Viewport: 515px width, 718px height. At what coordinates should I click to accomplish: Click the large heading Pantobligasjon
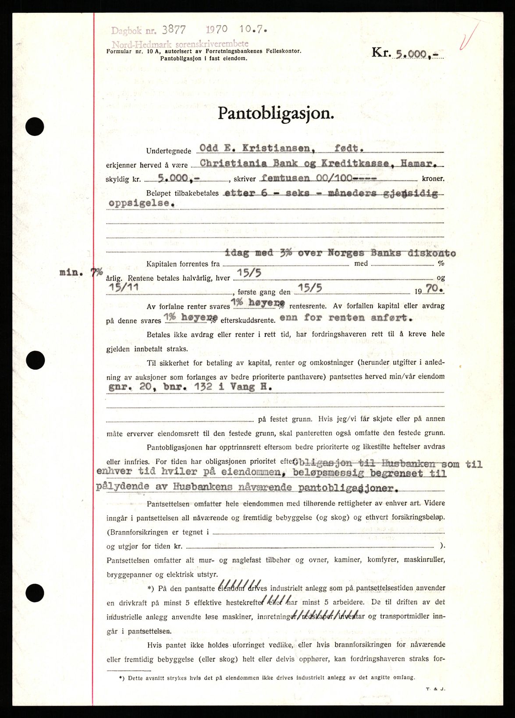[276, 114]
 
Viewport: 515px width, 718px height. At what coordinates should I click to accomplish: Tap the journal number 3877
[174, 30]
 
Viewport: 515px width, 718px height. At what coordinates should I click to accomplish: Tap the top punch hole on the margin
[35, 127]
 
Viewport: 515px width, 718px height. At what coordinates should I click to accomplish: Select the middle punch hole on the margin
[35, 361]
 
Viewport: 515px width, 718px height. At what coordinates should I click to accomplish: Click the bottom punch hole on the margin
[35, 593]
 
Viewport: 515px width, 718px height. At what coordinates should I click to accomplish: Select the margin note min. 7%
[81, 272]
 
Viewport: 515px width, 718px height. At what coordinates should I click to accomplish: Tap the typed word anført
[391, 317]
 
